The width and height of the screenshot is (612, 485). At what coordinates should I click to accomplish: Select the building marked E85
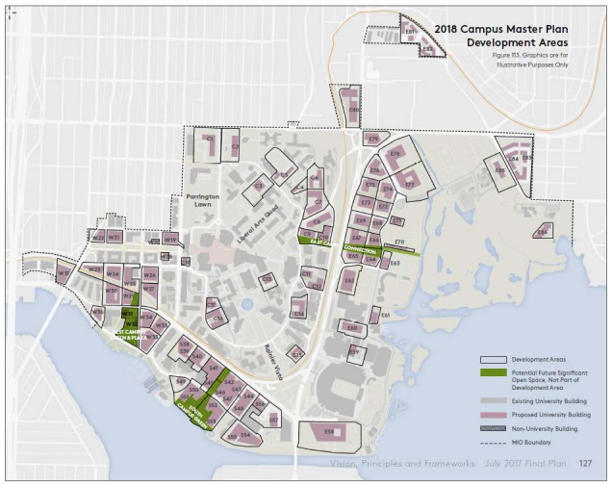point(500,169)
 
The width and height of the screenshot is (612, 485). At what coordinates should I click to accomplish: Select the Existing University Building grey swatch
point(492,394)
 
